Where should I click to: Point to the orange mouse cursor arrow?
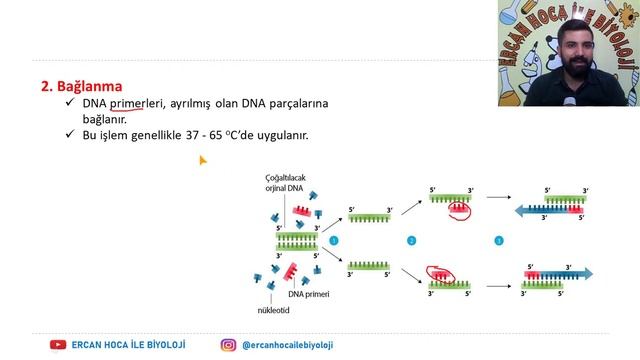pos(202,159)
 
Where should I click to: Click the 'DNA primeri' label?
pos(309,294)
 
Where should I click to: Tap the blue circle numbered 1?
pos(335,240)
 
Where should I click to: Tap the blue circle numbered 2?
pos(411,240)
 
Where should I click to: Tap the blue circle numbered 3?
pos(499,240)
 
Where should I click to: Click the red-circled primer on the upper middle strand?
pos(460,210)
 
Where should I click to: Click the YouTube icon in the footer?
pos(59,345)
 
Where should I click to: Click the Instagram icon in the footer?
pos(229,345)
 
